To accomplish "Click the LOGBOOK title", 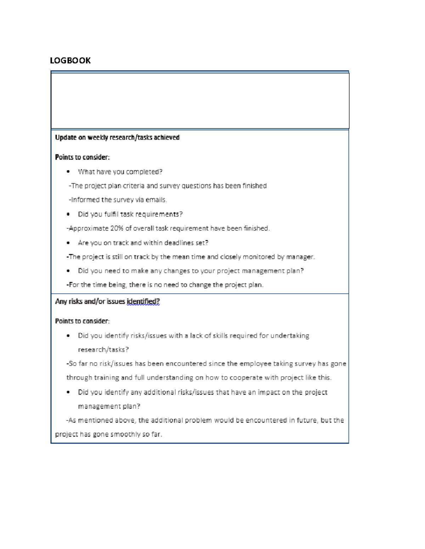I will point(70,60).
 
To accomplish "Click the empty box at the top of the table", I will point(200,101).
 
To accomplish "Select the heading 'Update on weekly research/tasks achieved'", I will point(117,138).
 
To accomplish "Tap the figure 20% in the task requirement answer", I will point(117,228).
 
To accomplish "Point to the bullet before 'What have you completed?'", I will point(68,172).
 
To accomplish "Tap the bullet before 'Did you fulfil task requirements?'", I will point(68,214).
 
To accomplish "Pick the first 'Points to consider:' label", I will point(82,157).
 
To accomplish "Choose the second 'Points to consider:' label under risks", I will point(82,321).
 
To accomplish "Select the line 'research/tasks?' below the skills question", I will point(103,350).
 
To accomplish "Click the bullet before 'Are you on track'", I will point(68,243).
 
